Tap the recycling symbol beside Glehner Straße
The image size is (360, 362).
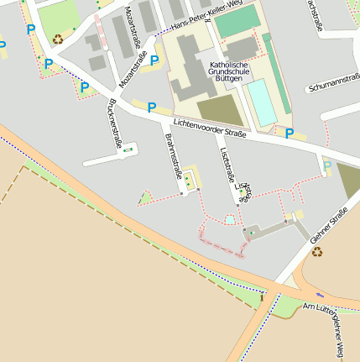tap(317, 251)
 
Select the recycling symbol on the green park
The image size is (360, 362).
tap(57, 38)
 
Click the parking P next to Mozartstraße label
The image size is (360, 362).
tap(154, 60)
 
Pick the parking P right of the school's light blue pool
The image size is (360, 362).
tap(290, 133)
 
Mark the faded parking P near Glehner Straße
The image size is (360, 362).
tap(326, 165)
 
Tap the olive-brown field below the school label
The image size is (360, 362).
tap(220, 110)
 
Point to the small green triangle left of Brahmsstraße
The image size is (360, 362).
tap(146, 198)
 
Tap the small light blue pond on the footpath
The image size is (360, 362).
tap(230, 220)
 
